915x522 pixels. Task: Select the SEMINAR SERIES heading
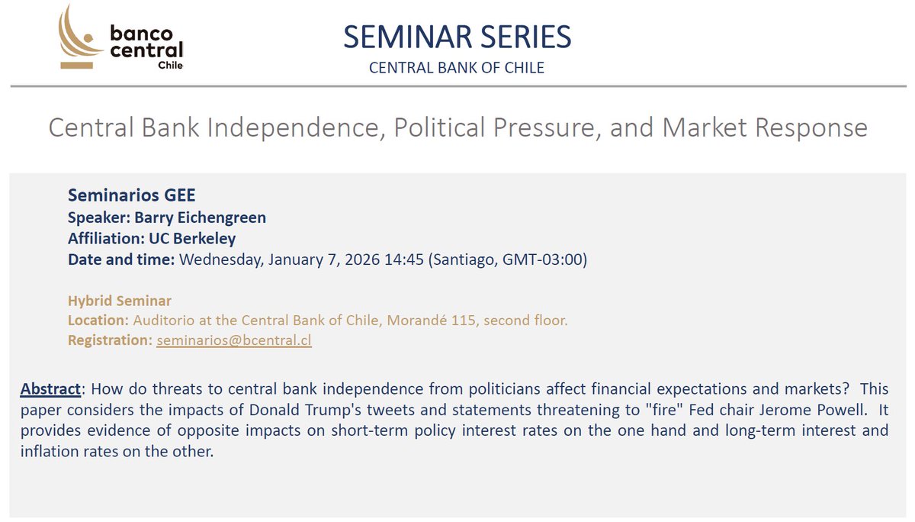coord(457,37)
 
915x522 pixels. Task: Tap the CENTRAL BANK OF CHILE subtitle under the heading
coord(457,68)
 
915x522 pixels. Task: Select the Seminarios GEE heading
coord(131,195)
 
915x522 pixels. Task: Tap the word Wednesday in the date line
coord(220,259)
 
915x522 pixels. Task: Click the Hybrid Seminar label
coord(120,301)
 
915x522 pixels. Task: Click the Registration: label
coord(110,340)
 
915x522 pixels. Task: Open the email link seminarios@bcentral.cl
coord(234,340)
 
